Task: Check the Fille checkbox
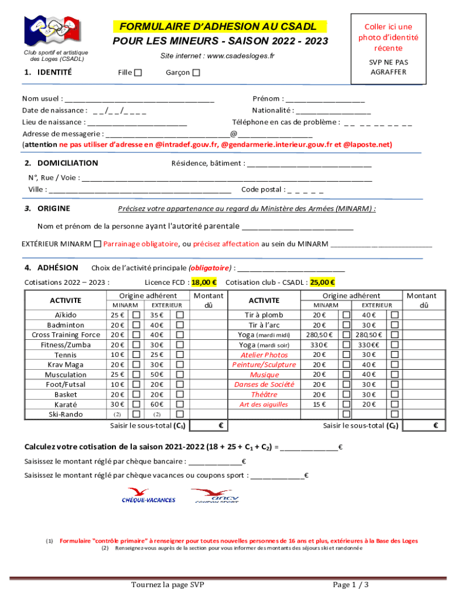point(138,73)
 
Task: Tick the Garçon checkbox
point(196,73)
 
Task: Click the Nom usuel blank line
point(140,99)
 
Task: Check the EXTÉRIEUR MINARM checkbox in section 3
point(97,244)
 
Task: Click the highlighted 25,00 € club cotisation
point(323,282)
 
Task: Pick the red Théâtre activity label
point(264,394)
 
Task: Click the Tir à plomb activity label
point(264,315)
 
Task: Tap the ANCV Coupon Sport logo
point(214,495)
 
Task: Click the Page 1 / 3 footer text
point(351,585)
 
